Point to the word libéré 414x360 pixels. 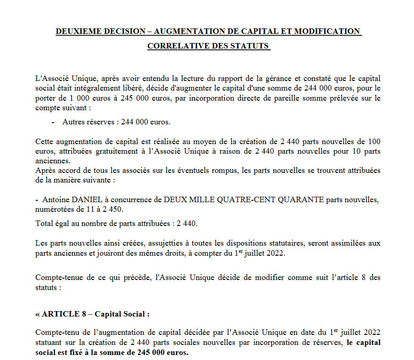tap(143, 89)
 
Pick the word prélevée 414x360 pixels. tap(344, 98)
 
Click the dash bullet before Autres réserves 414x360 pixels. tap(53, 122)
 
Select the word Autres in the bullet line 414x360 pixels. tap(73, 122)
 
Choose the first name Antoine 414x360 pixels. tap(57, 200)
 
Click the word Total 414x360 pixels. tap(44, 224)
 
